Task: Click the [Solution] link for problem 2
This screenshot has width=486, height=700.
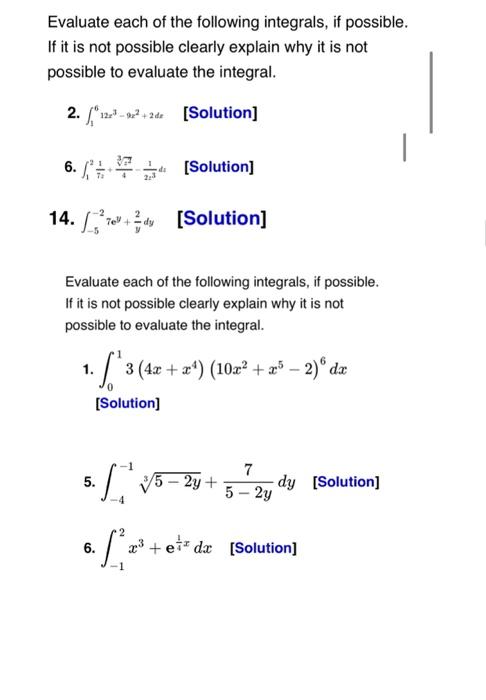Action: coord(221,113)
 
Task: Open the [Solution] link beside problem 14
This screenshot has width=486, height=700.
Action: coord(221,217)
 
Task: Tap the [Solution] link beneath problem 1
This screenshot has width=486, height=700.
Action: coord(127,403)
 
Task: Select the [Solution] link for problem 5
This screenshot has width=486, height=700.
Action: coord(346,482)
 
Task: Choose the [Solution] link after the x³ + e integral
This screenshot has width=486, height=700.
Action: coord(263,548)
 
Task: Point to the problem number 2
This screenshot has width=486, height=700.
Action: coord(72,112)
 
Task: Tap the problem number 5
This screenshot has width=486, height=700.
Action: coord(89,482)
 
